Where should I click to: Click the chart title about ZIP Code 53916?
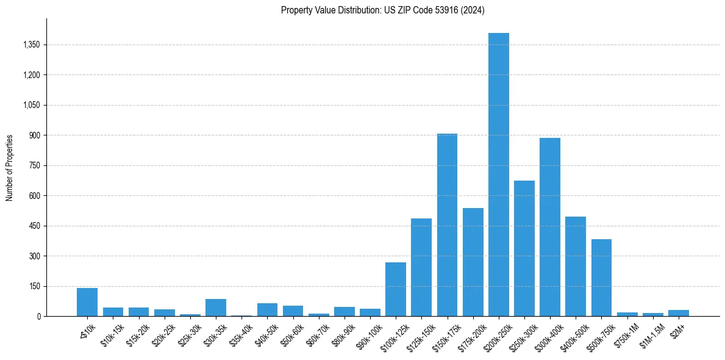click(382, 10)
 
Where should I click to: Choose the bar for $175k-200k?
click(473, 262)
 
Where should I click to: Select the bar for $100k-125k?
click(395, 289)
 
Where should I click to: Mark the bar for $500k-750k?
click(601, 278)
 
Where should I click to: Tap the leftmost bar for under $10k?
click(87, 302)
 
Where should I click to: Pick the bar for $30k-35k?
click(215, 308)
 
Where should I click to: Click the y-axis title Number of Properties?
click(9, 168)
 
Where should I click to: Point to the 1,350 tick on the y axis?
click(30, 45)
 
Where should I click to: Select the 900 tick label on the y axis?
click(34, 135)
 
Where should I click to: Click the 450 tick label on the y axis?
click(34, 226)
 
